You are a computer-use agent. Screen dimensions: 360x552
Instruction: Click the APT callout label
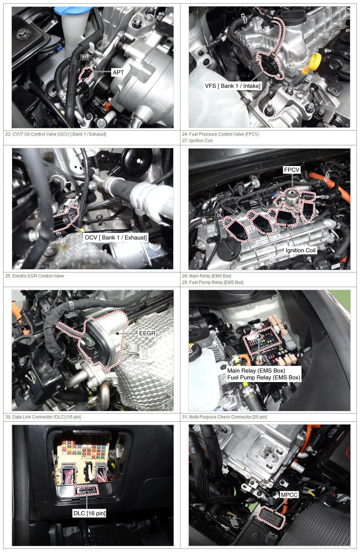pyautogui.click(x=118, y=72)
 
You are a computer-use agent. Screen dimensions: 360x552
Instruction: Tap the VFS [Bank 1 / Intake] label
pyautogui.click(x=232, y=86)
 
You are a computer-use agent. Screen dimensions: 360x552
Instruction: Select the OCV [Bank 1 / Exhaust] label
pyautogui.click(x=116, y=237)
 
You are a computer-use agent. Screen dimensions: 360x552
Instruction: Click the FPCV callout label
pyautogui.click(x=292, y=170)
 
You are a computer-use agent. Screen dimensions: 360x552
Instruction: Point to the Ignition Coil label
pyautogui.click(x=300, y=250)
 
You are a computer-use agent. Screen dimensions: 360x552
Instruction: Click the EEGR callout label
pyautogui.click(x=147, y=333)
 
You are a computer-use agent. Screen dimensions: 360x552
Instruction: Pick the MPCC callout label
pyautogui.click(x=289, y=495)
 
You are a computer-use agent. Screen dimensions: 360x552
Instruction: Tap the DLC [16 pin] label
pyautogui.click(x=89, y=513)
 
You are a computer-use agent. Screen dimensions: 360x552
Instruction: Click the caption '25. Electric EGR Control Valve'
pyautogui.click(x=35, y=276)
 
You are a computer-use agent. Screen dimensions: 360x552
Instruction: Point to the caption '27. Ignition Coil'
pyautogui.click(x=197, y=140)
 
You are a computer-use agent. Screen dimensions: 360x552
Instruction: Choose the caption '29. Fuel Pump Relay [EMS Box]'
pyautogui.click(x=212, y=282)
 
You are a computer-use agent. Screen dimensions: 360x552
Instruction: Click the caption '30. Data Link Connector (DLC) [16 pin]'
pyautogui.click(x=43, y=417)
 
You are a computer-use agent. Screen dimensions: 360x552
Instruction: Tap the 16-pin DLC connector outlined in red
pyautogui.click(x=86, y=490)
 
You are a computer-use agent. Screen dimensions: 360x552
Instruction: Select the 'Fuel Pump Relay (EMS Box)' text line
pyautogui.click(x=264, y=377)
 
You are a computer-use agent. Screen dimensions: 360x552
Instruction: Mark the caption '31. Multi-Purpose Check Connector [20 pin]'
pyautogui.click(x=224, y=417)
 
